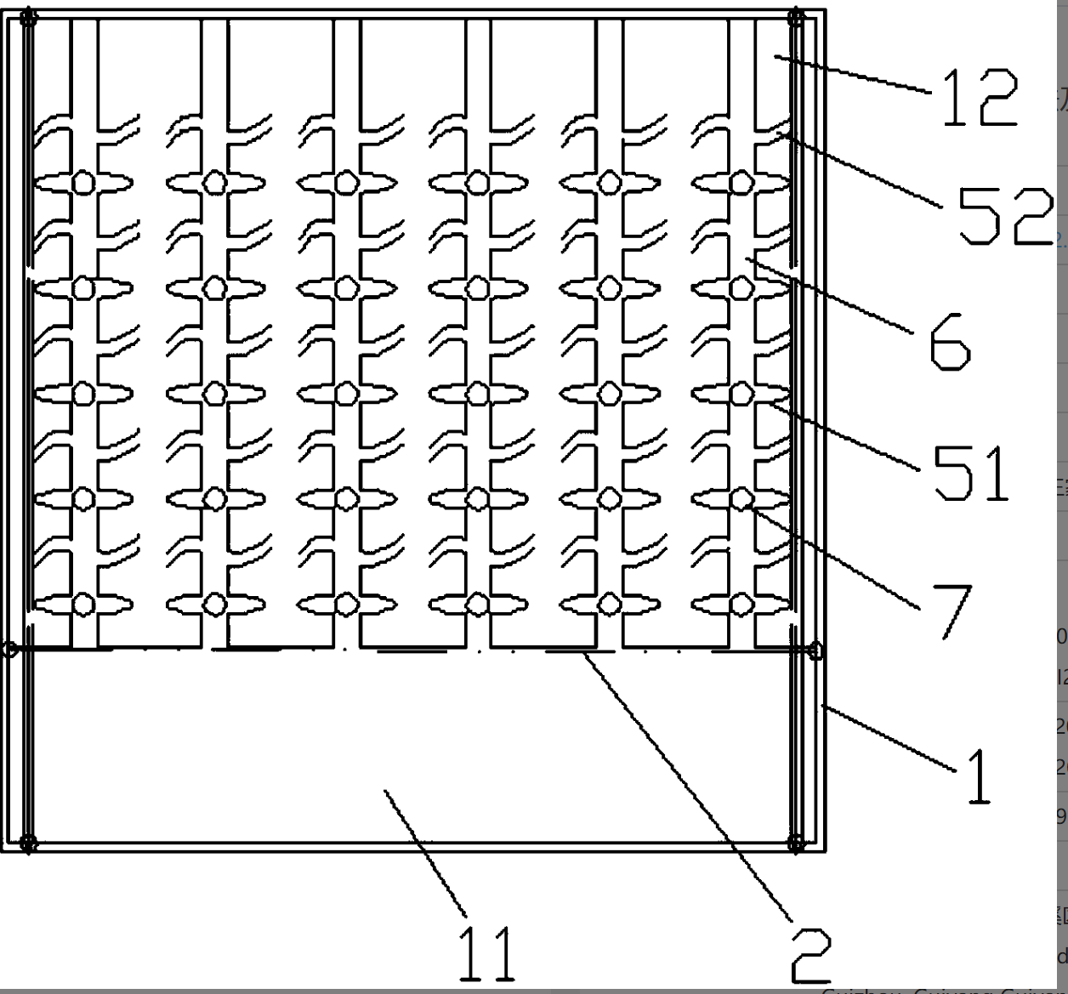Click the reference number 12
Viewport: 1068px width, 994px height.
pos(979,98)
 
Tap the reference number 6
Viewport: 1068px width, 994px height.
pos(950,341)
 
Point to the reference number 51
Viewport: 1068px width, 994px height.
pos(971,472)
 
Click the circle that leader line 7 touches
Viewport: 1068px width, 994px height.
pos(741,498)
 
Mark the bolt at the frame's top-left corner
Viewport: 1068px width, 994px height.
pos(28,17)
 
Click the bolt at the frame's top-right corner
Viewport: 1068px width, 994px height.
pos(797,17)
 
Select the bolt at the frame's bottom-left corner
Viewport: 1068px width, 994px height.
pos(28,843)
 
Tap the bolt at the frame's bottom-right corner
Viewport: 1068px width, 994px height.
pos(797,843)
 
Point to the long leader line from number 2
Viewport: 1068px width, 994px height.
pos(689,787)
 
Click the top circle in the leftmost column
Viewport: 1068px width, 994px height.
pos(83,183)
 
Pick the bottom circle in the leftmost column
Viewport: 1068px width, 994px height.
pos(83,604)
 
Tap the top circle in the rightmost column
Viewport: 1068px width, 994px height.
pos(741,182)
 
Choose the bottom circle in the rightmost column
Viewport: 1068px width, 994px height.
pos(741,604)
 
